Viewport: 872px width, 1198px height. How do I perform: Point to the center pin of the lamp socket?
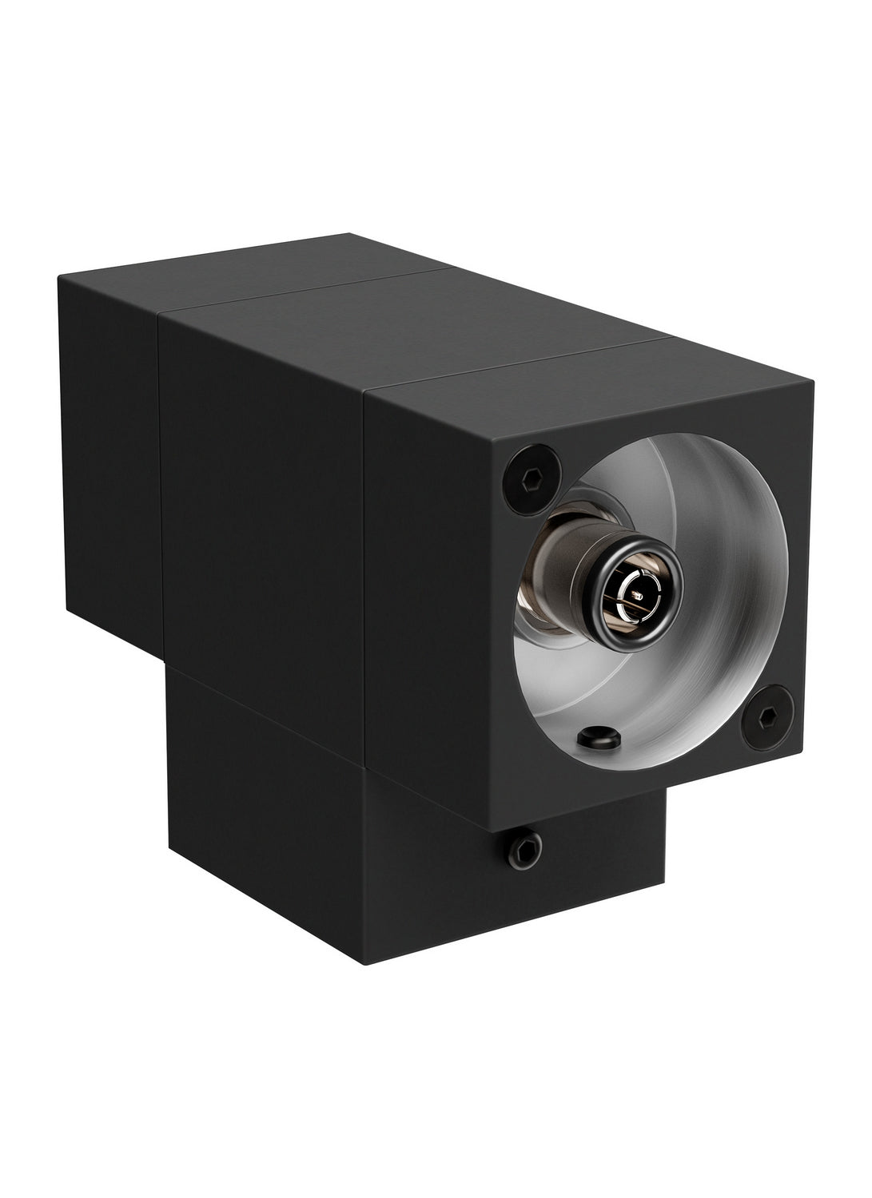pyautogui.click(x=638, y=597)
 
